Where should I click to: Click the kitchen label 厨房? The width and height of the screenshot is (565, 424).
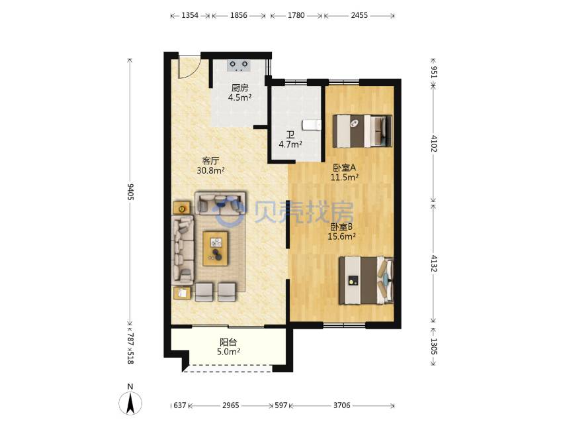tap(239, 87)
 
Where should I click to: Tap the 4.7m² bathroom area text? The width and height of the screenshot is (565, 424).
tap(290, 144)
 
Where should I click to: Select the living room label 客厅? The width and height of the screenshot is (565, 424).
tap(210, 160)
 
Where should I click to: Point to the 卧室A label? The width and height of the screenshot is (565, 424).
tap(345, 168)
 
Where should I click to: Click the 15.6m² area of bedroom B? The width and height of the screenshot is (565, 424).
tap(342, 235)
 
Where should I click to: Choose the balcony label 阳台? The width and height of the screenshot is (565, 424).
tap(228, 343)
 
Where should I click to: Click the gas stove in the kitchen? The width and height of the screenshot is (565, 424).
tap(239, 65)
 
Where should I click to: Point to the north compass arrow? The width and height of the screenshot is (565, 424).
tap(131, 401)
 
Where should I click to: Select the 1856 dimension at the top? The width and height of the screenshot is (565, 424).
tap(239, 15)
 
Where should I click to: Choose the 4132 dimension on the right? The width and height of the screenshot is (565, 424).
tap(433, 265)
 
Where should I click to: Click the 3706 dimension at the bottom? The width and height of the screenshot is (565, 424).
tap(341, 405)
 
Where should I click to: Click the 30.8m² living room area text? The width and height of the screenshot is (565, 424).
tap(210, 170)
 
